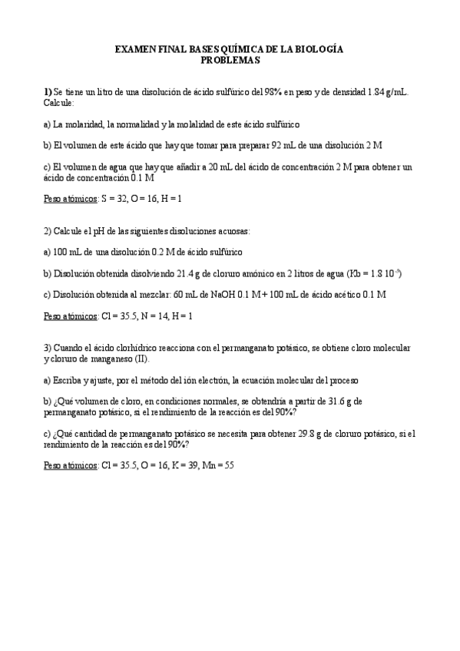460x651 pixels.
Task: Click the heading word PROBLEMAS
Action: [x=230, y=59]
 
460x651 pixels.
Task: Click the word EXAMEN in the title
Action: [x=135, y=49]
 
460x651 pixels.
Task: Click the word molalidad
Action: [x=199, y=124]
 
